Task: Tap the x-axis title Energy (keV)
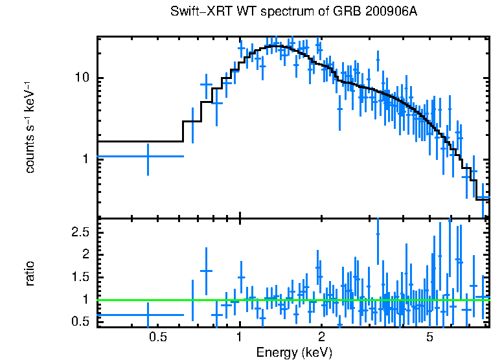294,352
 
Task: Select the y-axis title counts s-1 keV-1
30,128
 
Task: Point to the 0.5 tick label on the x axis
158,337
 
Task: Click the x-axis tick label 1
240,337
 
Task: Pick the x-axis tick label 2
321,337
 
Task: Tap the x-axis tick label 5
429,337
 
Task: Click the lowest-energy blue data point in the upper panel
148,156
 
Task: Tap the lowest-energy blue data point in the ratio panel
148,315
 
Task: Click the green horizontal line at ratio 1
291,300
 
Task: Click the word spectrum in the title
263,12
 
